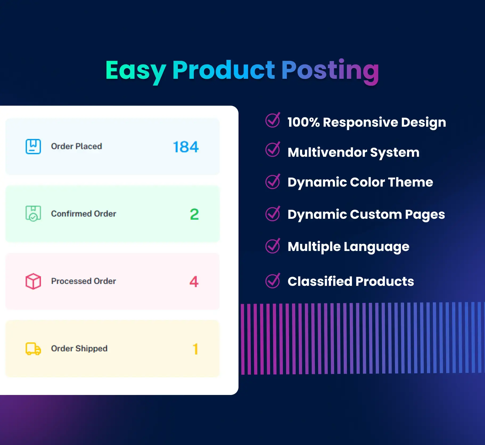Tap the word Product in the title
224,70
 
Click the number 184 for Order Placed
186,147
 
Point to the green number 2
194,214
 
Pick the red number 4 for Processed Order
194,282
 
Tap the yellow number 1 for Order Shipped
196,349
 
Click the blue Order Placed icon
33,146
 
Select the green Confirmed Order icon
33,214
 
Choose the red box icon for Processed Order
33,281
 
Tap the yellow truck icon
33,349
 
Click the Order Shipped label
79,349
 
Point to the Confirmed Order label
84,214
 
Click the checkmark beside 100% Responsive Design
273,120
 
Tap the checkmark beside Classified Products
273,281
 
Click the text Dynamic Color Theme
360,182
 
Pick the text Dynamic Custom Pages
366,215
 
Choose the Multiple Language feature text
348,247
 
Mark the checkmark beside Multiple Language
273,246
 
